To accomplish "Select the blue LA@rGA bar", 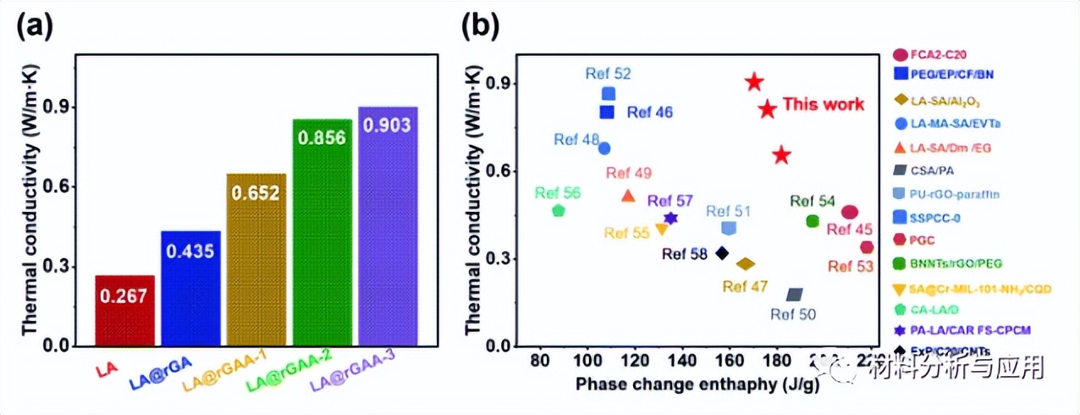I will (x=190, y=288).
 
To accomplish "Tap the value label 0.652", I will (x=256, y=193).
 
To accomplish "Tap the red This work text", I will (x=823, y=104).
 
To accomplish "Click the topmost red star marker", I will (x=754, y=82).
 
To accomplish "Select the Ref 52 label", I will (x=608, y=75).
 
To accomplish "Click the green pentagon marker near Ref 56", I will (x=558, y=210).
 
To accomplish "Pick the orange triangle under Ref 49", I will (x=628, y=196).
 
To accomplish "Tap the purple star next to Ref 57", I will (x=670, y=219).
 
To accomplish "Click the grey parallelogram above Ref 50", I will (x=794, y=294).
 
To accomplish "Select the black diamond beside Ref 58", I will (x=722, y=252).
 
